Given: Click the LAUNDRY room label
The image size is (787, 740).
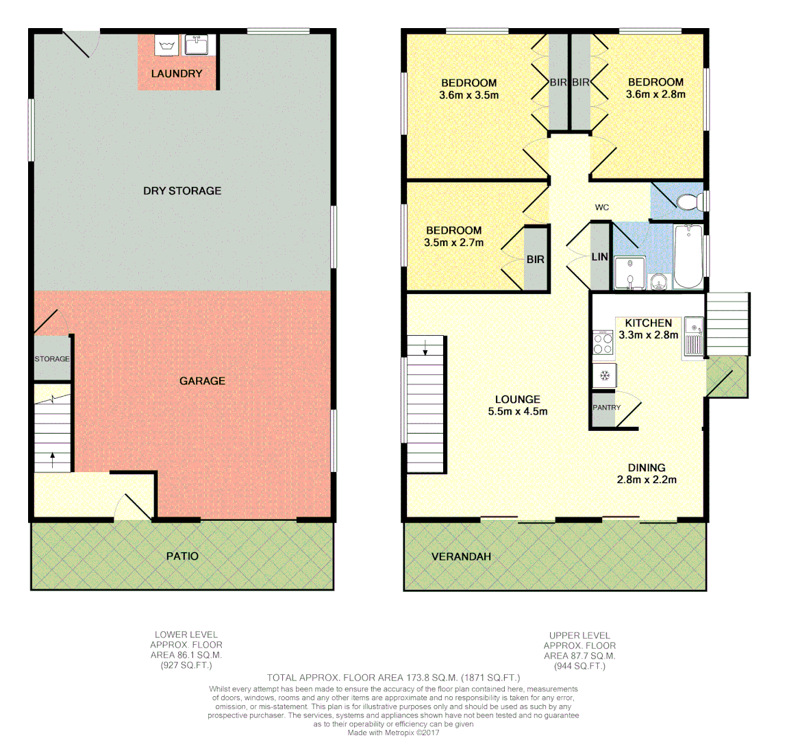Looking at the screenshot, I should point(176,73).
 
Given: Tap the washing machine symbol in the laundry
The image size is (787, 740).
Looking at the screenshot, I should point(166,46).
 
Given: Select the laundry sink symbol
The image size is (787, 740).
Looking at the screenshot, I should point(197,45).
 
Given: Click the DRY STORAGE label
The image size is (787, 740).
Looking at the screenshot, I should point(182,190).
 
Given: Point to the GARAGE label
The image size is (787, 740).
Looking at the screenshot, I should point(202,380).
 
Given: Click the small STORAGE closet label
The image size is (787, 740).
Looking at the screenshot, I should point(52,358).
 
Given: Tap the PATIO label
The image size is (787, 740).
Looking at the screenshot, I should point(182,556).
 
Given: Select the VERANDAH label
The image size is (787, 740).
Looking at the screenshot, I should point(461,556).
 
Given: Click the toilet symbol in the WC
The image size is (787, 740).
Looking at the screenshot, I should point(688,201).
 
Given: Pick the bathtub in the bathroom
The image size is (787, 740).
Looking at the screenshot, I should point(688,257).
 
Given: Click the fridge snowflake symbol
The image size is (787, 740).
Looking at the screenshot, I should point(605,375).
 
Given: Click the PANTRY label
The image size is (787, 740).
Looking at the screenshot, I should point(606,408).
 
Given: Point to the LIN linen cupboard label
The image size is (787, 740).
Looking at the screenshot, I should point(599,257).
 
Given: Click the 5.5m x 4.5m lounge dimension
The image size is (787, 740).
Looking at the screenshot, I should point(517,412).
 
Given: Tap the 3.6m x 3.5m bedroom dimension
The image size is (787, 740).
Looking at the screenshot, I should point(469,95).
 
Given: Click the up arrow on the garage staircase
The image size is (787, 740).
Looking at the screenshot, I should point(53,458).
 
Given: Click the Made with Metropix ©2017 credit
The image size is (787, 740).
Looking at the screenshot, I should point(393,732).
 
